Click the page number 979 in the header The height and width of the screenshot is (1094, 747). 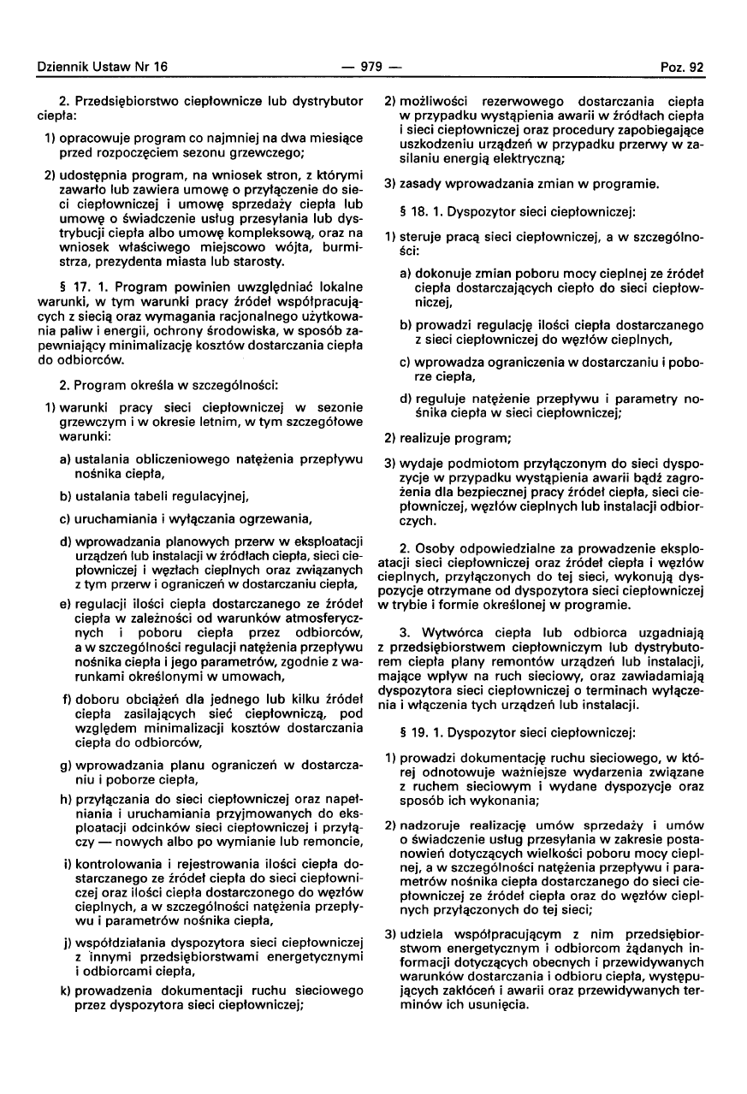[372, 67]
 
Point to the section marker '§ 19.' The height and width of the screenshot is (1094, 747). [411, 732]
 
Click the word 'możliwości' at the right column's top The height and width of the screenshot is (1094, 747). [428, 102]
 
